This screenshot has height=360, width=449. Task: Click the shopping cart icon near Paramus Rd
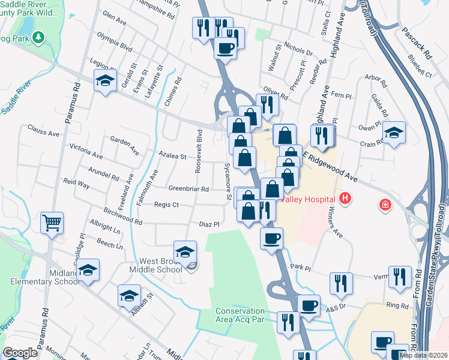[x=52, y=223]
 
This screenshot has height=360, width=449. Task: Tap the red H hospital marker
[x=345, y=197]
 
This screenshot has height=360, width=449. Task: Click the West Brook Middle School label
[x=161, y=265]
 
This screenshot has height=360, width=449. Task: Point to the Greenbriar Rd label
[x=188, y=189]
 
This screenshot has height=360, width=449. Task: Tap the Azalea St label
[x=172, y=156]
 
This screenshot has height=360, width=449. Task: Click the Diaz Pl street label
[x=209, y=224]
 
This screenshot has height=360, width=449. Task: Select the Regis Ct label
[x=166, y=205]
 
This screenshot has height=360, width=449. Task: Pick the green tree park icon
[x=39, y=38]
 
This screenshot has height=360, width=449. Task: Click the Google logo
[x=20, y=353]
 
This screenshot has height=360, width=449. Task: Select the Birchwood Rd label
[x=122, y=217]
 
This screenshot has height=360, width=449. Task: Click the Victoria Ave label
[x=86, y=151]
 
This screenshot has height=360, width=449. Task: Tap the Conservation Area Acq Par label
[x=240, y=315]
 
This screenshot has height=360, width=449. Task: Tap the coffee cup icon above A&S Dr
[x=309, y=305]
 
